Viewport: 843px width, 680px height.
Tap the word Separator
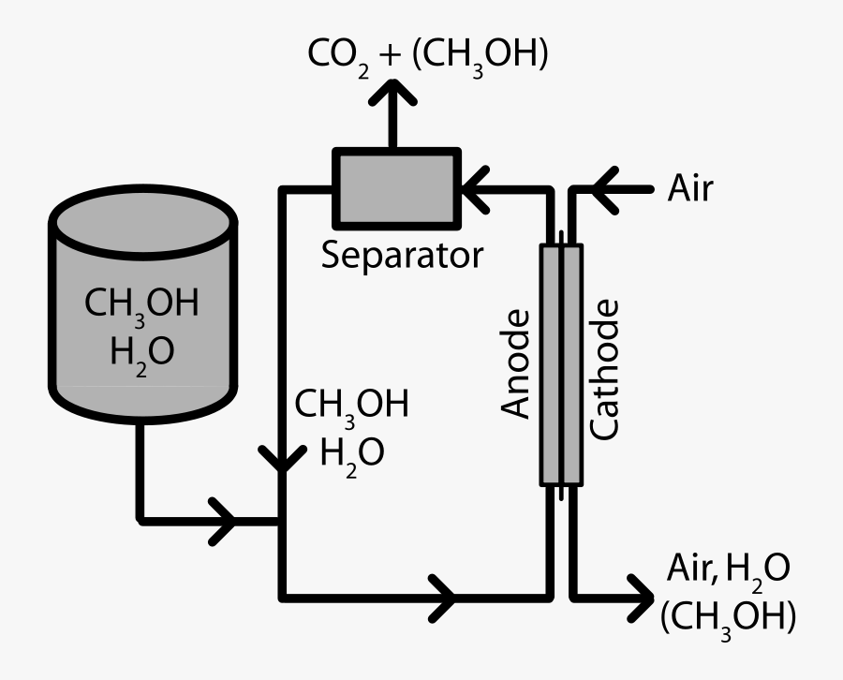(402, 254)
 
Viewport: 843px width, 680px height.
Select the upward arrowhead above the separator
(392, 94)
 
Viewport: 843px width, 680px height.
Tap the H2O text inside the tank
(141, 353)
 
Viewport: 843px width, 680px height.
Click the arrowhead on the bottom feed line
(441, 596)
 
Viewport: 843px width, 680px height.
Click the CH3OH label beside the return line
(352, 406)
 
